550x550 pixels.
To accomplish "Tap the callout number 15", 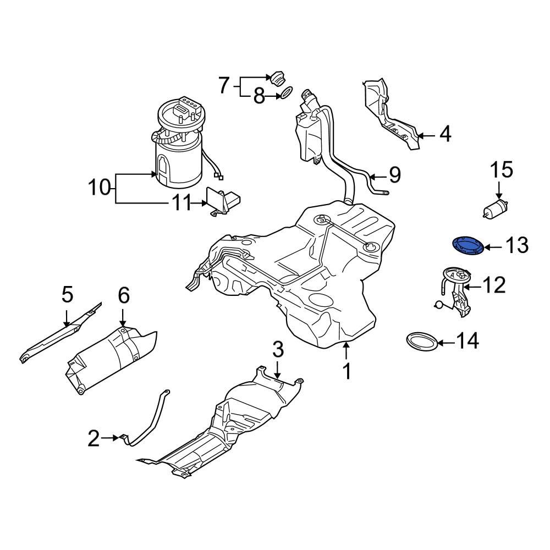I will coord(501,170).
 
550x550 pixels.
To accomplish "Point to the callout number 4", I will coord(445,134).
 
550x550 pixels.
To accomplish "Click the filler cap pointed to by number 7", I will coord(277,78).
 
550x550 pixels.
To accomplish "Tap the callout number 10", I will coord(100,188).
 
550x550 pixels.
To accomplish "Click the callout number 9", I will coord(394,175).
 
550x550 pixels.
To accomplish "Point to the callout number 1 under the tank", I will coord(346,371).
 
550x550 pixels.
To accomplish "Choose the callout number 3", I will coord(278,349).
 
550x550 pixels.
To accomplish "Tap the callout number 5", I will coord(67,295).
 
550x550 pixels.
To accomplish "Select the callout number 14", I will coord(466,342).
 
